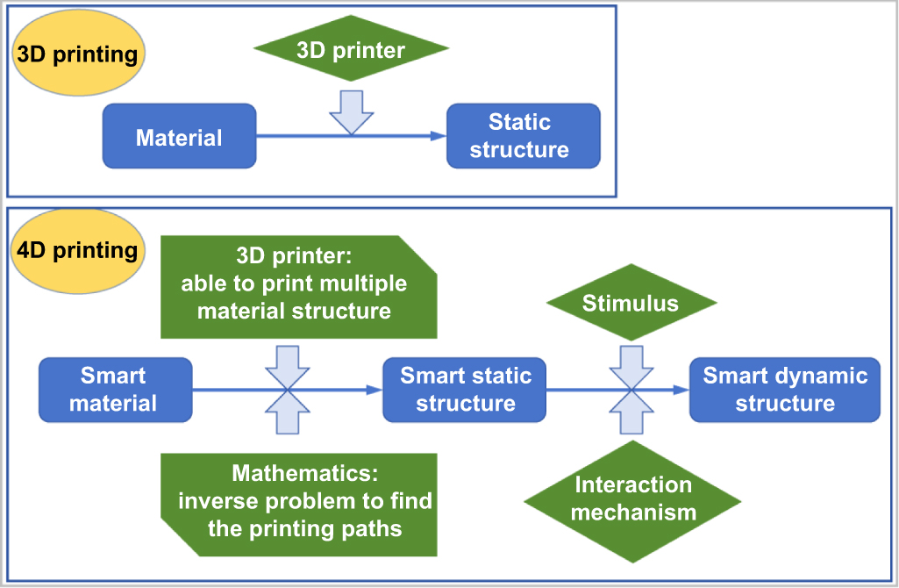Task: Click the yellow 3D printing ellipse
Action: [x=77, y=54]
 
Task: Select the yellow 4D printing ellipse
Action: [x=77, y=251]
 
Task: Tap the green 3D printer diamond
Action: [x=351, y=50]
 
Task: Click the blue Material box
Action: [x=179, y=136]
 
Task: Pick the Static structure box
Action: [x=523, y=136]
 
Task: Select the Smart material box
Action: [x=115, y=390]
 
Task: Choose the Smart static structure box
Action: [x=465, y=390]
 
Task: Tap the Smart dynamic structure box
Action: [x=784, y=390]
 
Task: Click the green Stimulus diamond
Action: [x=631, y=304]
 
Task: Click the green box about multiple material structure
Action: [x=298, y=286]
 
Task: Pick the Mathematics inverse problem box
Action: [x=298, y=502]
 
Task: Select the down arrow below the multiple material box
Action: [x=288, y=364]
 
